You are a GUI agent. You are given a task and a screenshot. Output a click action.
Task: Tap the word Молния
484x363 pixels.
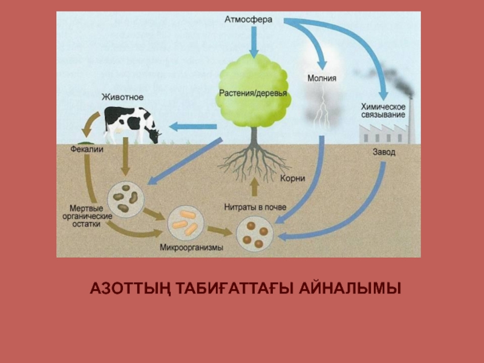[x=321, y=78]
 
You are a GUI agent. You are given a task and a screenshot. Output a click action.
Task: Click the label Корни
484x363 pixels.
[x=292, y=178]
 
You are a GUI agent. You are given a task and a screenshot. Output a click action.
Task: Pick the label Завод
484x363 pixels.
[x=384, y=152]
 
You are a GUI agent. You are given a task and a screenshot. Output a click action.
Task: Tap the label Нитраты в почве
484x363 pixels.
[x=255, y=207]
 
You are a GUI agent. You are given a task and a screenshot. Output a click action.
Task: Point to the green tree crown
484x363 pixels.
[x=252, y=91]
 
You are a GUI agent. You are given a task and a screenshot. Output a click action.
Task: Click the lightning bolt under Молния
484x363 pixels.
[x=323, y=109]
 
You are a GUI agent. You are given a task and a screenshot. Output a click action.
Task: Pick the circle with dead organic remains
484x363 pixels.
[x=125, y=198]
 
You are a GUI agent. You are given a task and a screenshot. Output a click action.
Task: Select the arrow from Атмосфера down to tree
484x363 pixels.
[x=253, y=41]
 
